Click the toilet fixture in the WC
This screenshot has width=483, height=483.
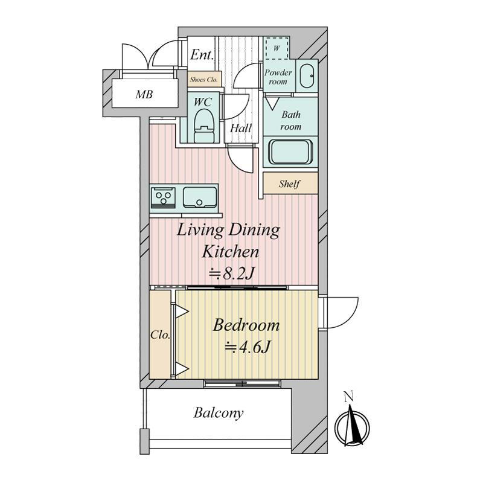[x=203, y=126]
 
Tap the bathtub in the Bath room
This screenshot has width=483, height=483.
[x=290, y=152]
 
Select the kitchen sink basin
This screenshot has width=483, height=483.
[x=200, y=197]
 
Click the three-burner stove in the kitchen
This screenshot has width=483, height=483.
[x=162, y=197]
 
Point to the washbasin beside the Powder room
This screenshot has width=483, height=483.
[x=307, y=76]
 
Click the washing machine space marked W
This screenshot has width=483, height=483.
[x=277, y=48]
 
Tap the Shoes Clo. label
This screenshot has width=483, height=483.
[x=203, y=80]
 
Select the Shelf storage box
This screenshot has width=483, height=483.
[x=290, y=184]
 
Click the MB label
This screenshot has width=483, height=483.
[x=144, y=94]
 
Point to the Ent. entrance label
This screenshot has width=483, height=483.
[x=202, y=55]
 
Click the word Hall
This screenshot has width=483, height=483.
[x=240, y=128]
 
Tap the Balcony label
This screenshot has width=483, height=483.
[x=219, y=413]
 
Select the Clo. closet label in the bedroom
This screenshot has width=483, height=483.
[x=160, y=334]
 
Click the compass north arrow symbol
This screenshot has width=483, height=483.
[x=353, y=427]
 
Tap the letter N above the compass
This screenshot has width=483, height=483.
[x=349, y=397]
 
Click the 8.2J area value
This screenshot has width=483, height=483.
[x=232, y=273]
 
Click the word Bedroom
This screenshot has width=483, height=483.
[x=246, y=325]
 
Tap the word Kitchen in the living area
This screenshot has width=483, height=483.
[x=231, y=252]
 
